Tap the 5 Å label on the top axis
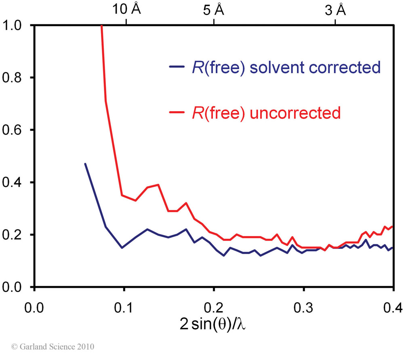click(213, 10)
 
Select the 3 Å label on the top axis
click(336, 10)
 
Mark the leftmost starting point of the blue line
click(85, 164)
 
